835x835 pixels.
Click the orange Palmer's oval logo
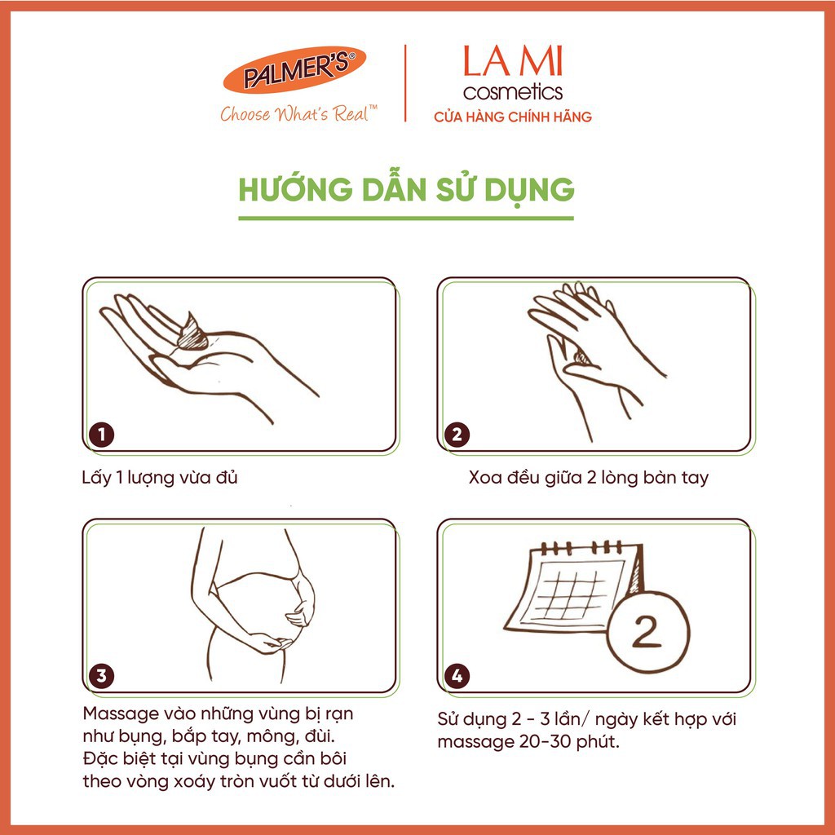tap(294, 70)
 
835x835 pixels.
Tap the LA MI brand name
tap(513, 60)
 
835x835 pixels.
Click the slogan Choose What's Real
tap(298, 113)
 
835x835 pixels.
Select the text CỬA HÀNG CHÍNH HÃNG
tap(513, 117)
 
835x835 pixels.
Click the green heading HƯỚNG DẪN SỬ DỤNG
tap(406, 190)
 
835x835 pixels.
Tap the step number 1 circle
tap(102, 435)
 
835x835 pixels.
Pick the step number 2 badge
tap(457, 435)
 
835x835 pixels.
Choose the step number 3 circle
tap(102, 676)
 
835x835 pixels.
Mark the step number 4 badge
tap(457, 676)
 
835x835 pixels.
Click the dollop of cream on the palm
tap(191, 333)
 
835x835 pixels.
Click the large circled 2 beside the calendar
tap(647, 632)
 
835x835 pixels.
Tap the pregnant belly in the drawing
tap(261, 607)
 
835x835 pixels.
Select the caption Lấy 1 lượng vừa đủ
tap(160, 478)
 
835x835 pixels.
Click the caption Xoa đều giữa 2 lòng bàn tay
tap(589, 478)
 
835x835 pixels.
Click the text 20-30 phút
tap(569, 742)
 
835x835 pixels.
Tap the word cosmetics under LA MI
tap(513, 91)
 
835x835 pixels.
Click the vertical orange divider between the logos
tap(406, 83)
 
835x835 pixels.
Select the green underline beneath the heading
tap(406, 219)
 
